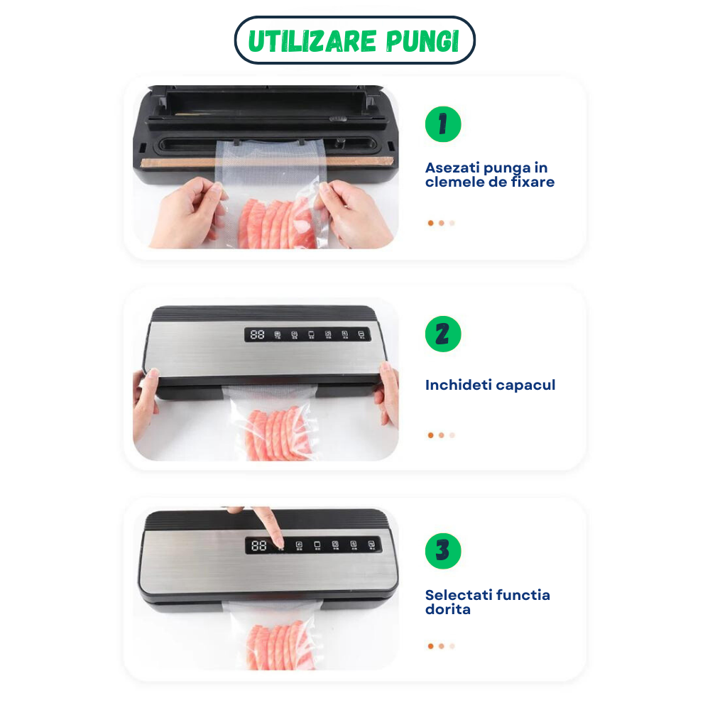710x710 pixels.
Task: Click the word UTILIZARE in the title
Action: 303,42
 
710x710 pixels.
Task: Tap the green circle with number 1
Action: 443,125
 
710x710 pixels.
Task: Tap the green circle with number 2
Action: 443,334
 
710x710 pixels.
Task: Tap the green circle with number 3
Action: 443,551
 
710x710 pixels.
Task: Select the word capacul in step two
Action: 525,386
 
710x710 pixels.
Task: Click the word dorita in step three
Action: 447,609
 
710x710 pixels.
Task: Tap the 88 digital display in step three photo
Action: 258,545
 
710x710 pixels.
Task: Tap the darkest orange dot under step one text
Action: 430,223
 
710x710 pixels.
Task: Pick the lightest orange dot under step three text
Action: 452,646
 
